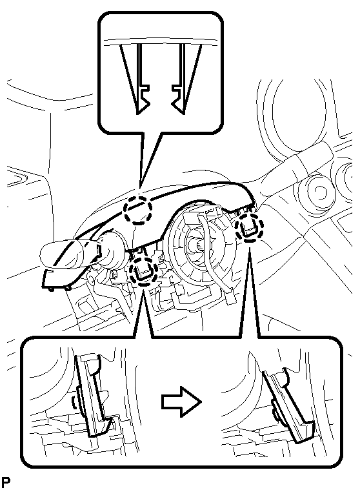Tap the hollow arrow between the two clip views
tap(181, 402)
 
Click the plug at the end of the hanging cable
tap(230, 298)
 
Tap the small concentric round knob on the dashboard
tap(318, 190)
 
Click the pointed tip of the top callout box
tap(140, 189)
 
